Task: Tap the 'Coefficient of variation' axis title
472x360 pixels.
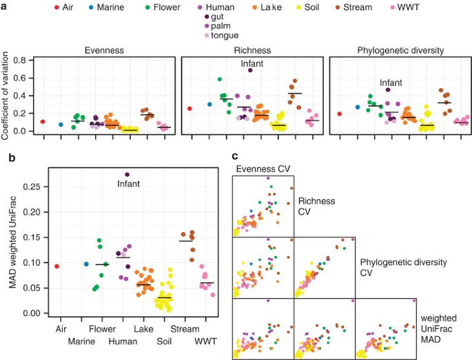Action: [8, 94]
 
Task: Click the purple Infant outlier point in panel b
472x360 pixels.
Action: [127, 174]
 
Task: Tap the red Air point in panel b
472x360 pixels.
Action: [57, 266]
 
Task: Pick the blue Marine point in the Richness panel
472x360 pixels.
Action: [210, 104]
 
